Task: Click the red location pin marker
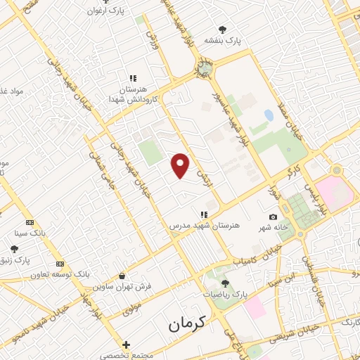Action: (x=181, y=165)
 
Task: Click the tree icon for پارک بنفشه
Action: (x=223, y=30)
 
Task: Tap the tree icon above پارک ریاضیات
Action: (x=225, y=283)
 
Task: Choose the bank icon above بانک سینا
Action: (x=29, y=221)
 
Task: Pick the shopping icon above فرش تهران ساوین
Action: (x=124, y=276)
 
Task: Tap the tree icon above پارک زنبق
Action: (x=14, y=248)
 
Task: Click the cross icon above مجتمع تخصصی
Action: (x=126, y=345)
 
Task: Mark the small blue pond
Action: (x=269, y=114)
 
